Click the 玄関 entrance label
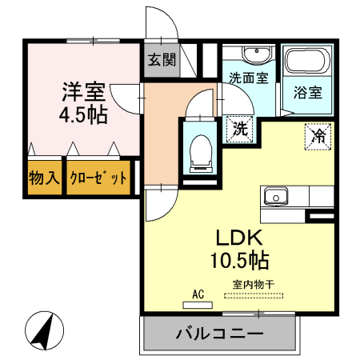click(x=159, y=61)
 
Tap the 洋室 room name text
click(x=83, y=90)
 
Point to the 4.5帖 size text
click(x=83, y=114)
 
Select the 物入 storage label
click(x=43, y=177)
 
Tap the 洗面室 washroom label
click(x=249, y=78)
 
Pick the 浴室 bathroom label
click(x=307, y=90)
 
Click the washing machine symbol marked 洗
click(x=239, y=128)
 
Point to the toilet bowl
click(x=199, y=150)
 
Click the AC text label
click(x=197, y=294)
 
